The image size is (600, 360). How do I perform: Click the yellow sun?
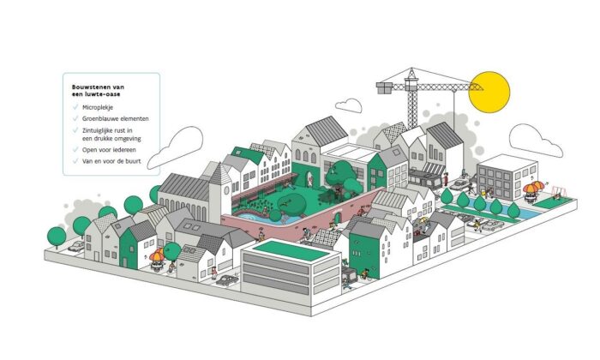[x=489, y=92]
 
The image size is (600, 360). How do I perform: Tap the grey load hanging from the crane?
[x=385, y=87]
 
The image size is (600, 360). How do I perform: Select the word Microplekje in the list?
[x=98, y=107]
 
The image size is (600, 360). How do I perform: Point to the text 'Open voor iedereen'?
[x=109, y=150]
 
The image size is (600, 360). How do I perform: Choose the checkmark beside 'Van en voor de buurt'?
[x=75, y=160]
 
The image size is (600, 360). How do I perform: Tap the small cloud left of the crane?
[x=349, y=105]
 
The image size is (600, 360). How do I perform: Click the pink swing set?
[x=558, y=193]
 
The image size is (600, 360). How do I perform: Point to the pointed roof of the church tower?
[x=220, y=173]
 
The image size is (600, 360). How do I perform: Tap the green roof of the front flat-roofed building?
[x=291, y=250]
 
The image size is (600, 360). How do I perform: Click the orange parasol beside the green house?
[x=157, y=255]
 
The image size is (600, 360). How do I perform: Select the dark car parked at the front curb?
[x=228, y=280]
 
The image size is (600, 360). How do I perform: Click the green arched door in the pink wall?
[x=337, y=218]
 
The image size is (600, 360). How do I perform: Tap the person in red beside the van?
[x=446, y=179]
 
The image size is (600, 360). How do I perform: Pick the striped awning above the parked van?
[x=433, y=169]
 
